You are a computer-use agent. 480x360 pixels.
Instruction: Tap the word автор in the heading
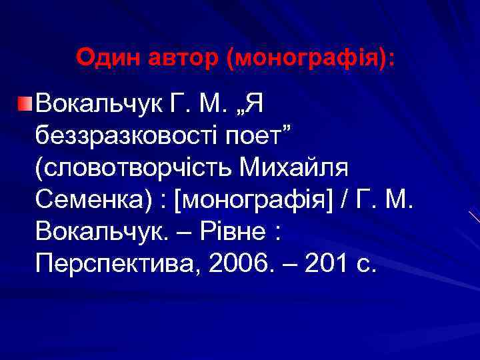click(x=180, y=57)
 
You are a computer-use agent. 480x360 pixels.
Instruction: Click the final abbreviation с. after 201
click(x=367, y=265)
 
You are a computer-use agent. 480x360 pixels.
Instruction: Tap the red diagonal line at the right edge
click(x=474, y=217)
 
